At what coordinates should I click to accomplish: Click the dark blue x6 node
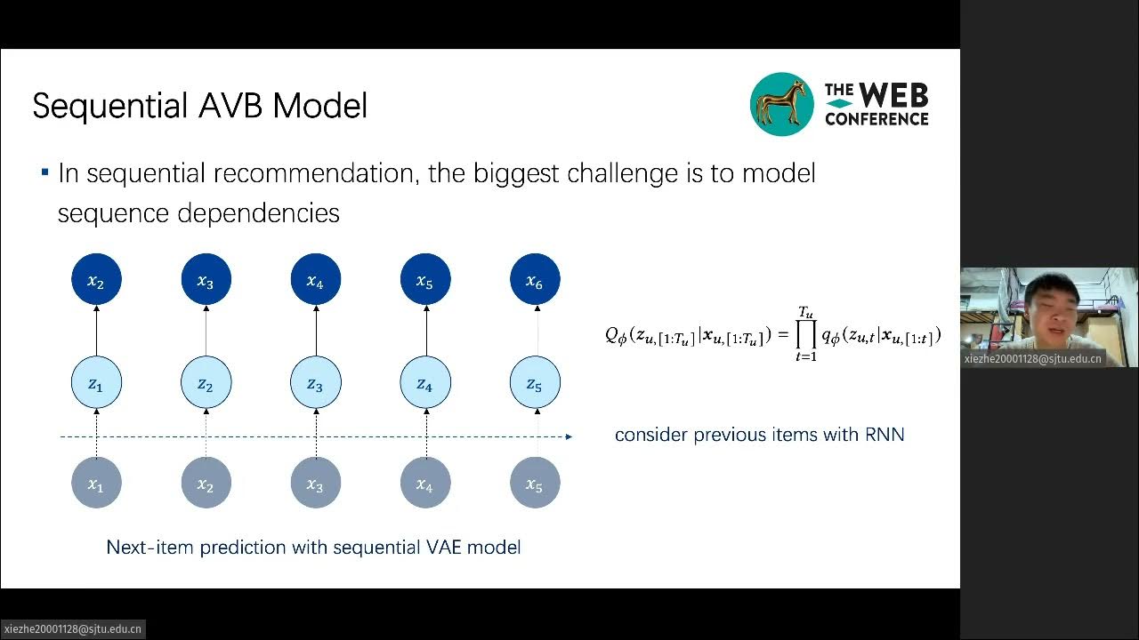point(535,280)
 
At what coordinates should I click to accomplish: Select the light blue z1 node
point(96,383)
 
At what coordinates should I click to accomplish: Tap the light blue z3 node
point(315,383)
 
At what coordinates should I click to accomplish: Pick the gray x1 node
point(96,484)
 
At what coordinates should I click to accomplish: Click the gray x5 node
point(535,484)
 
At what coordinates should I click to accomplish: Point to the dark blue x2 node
point(96,280)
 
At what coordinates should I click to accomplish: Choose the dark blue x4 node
point(315,280)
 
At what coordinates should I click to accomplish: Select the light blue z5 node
point(535,383)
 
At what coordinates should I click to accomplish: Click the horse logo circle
point(782,104)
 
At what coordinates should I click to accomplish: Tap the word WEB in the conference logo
point(893,95)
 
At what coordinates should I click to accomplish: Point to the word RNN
point(884,435)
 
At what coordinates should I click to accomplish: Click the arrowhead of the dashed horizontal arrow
point(569,436)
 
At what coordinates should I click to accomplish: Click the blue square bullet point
point(44,172)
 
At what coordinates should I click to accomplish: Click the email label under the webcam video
point(1033,359)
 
